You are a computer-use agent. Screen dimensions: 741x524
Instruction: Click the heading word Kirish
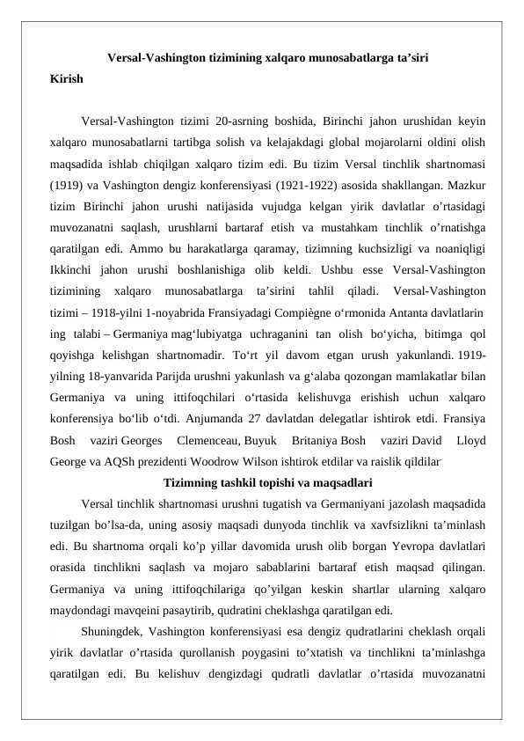click(x=67, y=79)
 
